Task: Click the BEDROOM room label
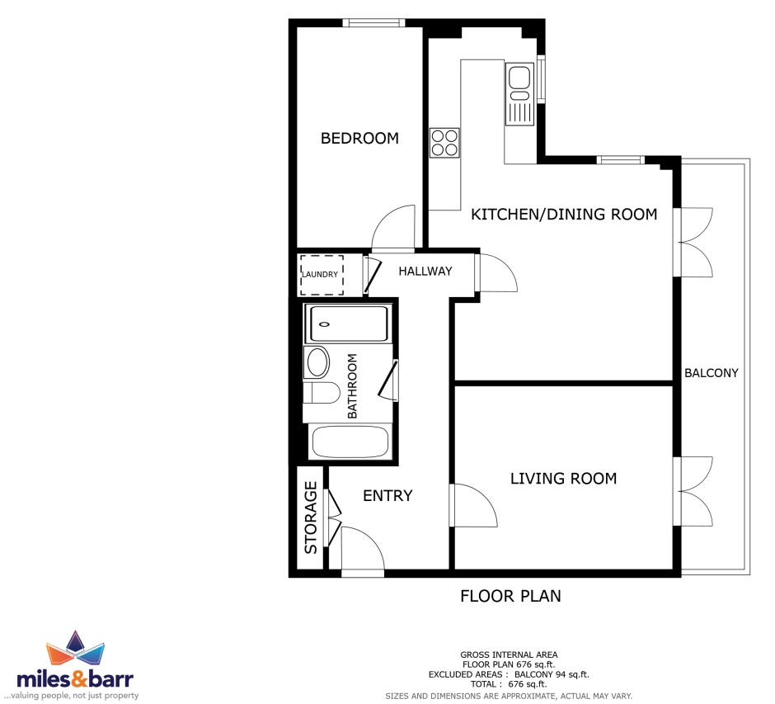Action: pyautogui.click(x=359, y=138)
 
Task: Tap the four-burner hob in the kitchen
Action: pyautogui.click(x=444, y=143)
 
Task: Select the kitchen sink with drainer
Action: pyautogui.click(x=519, y=94)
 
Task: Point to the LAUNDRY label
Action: pyautogui.click(x=320, y=275)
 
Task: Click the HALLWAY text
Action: pyautogui.click(x=425, y=271)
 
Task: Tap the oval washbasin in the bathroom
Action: pyautogui.click(x=317, y=362)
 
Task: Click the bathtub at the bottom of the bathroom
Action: pyautogui.click(x=350, y=442)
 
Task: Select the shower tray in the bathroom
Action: pyautogui.click(x=349, y=324)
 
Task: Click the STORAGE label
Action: pyautogui.click(x=310, y=517)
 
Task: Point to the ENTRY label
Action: pyautogui.click(x=387, y=496)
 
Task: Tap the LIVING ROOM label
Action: pyautogui.click(x=563, y=479)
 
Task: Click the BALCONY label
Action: pyautogui.click(x=712, y=373)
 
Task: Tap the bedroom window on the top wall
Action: pyautogui.click(x=373, y=23)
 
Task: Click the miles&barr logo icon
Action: pyautogui.click(x=75, y=648)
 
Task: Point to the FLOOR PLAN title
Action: pyautogui.click(x=510, y=596)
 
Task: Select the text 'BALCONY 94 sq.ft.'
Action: pyautogui.click(x=552, y=674)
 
